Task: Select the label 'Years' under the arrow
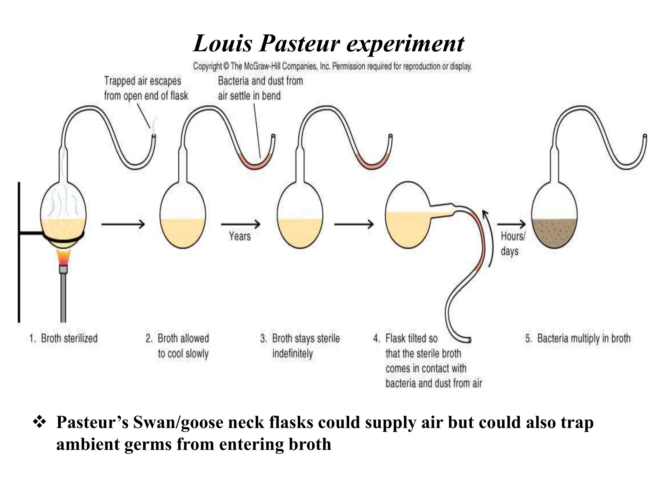pyautogui.click(x=240, y=237)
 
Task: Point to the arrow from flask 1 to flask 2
pyautogui.click(x=123, y=224)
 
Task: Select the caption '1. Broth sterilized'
pyautogui.click(x=64, y=338)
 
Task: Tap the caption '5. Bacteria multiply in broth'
pyautogui.click(x=578, y=338)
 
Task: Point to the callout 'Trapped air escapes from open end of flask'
pyautogui.click(x=146, y=88)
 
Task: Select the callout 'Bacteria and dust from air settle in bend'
pyautogui.click(x=260, y=88)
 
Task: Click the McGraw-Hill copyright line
pyautogui.click(x=332, y=66)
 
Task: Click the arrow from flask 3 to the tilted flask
pyautogui.click(x=354, y=224)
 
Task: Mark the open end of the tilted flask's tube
pyautogui.click(x=469, y=339)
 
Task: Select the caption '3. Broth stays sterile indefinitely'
pyautogui.click(x=300, y=346)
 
